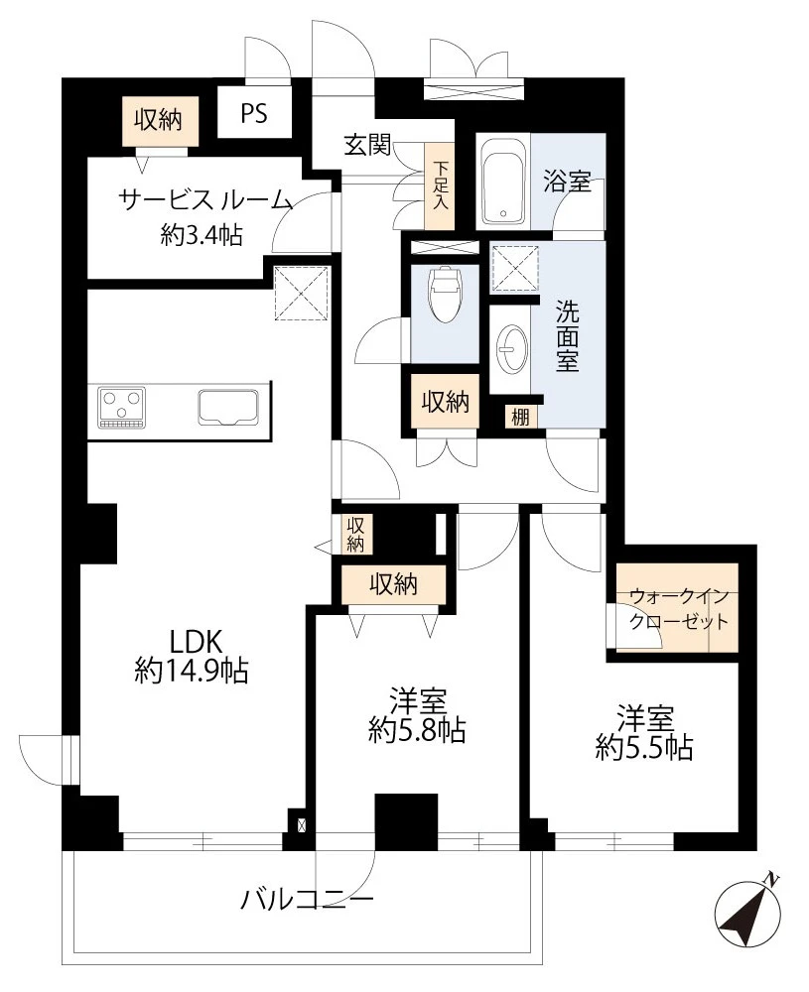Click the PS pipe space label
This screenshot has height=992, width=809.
[x=254, y=113]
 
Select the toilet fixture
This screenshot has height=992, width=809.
[x=444, y=295]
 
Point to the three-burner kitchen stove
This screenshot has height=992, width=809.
[x=121, y=408]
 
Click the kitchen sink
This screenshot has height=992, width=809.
[x=228, y=407]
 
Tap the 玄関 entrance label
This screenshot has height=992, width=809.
[x=367, y=145]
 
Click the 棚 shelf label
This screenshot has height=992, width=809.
[x=520, y=417]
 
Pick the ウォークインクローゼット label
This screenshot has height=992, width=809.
[x=678, y=609]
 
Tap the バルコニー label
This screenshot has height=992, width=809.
[x=307, y=899]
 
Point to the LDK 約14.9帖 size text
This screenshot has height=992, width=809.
[x=192, y=656]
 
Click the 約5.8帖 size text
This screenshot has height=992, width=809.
[x=417, y=731]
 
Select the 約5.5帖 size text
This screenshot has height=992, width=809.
[x=644, y=748]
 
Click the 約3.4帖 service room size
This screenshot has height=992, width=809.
[x=202, y=235]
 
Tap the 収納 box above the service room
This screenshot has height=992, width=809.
[x=158, y=120]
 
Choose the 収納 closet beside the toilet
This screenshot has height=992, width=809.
[x=446, y=401]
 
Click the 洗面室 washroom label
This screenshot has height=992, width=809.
[x=567, y=335]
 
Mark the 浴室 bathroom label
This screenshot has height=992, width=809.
[x=567, y=182]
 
